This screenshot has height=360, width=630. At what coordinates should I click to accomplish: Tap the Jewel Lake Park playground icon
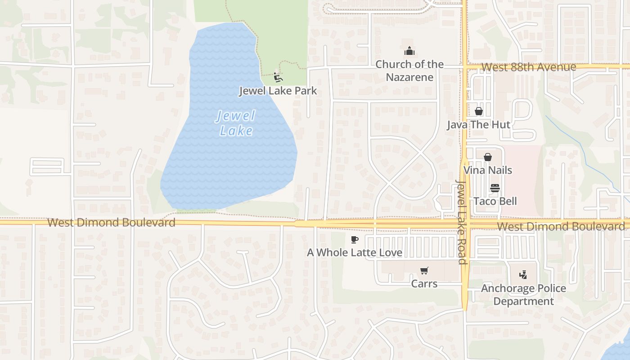tap(278, 77)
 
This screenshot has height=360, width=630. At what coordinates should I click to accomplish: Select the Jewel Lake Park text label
tap(278, 91)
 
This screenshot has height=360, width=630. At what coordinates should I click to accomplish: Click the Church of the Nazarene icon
tap(409, 51)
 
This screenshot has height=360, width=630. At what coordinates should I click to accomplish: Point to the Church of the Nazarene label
tap(409, 71)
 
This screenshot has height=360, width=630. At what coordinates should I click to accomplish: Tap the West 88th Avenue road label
tap(528, 67)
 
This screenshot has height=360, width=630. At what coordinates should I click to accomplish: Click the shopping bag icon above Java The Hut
tap(479, 111)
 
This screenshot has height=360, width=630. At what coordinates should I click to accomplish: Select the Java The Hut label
tap(478, 125)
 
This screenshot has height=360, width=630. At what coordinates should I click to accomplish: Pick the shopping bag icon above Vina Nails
tap(487, 157)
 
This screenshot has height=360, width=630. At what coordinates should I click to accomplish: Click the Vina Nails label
tap(487, 171)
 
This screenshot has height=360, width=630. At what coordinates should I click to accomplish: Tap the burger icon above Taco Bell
tap(495, 188)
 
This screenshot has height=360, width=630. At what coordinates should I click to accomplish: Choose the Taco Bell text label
tap(495, 201)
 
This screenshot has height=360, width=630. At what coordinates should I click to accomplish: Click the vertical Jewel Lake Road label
tap(462, 222)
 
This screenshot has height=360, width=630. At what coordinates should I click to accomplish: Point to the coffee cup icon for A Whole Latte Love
tap(355, 239)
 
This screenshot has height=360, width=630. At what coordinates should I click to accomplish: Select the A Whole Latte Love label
tap(355, 253)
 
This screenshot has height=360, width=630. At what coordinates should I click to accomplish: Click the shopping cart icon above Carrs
tap(424, 270)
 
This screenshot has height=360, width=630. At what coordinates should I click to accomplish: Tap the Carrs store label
tap(424, 284)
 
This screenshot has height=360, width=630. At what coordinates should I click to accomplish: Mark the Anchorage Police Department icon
tap(523, 274)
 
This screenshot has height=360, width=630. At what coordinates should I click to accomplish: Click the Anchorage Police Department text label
tap(523, 295)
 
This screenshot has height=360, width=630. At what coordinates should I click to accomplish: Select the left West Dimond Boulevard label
tap(111, 222)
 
